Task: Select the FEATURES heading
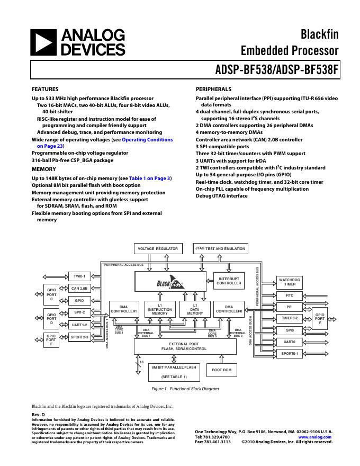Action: click(x=45, y=89)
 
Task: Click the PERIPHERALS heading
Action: click(x=213, y=89)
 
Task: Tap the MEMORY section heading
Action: click(x=44, y=169)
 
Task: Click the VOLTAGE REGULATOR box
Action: click(x=158, y=248)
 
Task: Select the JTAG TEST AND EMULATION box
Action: click(x=221, y=248)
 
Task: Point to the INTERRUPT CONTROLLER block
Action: click(x=229, y=281)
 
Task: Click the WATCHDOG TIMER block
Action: click(x=290, y=282)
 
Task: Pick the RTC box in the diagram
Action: click(x=290, y=295)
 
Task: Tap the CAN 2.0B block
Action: click(x=79, y=288)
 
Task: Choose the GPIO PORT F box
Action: click(x=320, y=319)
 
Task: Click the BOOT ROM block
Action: click(x=222, y=370)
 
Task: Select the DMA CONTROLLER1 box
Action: click(x=123, y=309)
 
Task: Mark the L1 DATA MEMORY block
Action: click(x=195, y=309)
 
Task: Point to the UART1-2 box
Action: click(x=79, y=325)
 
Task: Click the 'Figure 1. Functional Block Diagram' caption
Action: click(x=185, y=389)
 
